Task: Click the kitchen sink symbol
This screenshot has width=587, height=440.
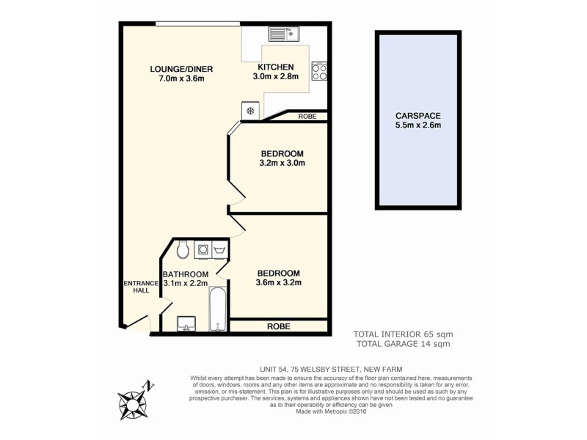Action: click(x=281, y=33)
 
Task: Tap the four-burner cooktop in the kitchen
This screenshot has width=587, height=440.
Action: click(x=319, y=71)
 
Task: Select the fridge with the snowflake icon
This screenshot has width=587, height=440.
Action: click(x=249, y=111)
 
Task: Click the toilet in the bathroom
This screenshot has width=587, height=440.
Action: click(x=183, y=249)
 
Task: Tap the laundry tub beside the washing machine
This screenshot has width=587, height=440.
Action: click(x=219, y=250)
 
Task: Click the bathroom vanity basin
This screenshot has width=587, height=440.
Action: click(x=186, y=323)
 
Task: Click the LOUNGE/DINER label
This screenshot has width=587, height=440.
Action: click(x=177, y=70)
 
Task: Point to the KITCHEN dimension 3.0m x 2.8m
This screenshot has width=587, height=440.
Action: click(x=275, y=77)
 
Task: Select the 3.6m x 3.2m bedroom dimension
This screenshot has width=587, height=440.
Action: click(x=279, y=282)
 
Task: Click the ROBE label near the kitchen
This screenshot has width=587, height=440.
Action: click(x=307, y=117)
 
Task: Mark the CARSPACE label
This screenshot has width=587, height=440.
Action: click(x=418, y=116)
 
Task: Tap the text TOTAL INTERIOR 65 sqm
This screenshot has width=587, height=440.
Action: click(x=402, y=334)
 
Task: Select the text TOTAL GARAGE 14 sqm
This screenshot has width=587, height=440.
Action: click(x=402, y=343)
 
